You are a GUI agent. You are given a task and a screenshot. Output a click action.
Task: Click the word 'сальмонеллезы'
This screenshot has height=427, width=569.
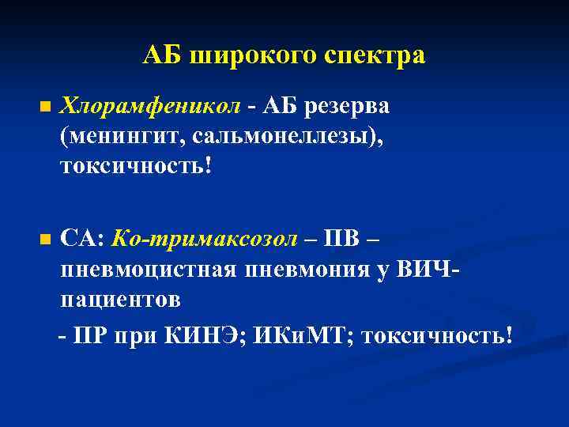pyautogui.click(x=281, y=136)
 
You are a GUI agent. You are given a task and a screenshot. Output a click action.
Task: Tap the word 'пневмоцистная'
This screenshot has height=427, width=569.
pyautogui.click(x=145, y=270)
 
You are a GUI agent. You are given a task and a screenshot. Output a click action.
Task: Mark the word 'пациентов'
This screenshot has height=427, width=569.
pyautogui.click(x=120, y=300)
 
